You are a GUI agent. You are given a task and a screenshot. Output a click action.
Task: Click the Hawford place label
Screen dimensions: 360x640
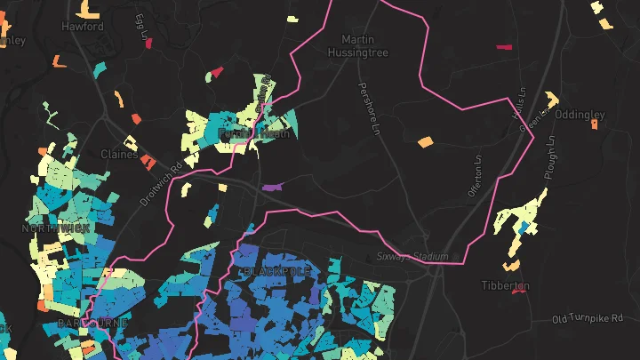[83, 27]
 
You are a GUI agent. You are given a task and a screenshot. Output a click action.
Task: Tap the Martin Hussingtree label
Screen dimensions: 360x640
[364, 46]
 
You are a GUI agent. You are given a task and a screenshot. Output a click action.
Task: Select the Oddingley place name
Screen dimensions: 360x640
[580, 115]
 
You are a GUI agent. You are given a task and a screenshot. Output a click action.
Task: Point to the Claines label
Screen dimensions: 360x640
[119, 154]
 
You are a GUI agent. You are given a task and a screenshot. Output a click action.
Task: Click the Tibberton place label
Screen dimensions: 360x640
[506, 285]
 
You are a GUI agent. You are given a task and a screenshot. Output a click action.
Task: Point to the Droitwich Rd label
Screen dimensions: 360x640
[161, 183]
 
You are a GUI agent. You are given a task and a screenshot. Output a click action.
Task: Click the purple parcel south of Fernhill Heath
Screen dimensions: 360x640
[273, 188]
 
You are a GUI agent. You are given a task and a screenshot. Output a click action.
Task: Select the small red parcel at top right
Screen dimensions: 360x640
[504, 46]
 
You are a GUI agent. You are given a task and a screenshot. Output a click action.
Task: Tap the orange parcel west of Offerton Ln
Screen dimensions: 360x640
[425, 141]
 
